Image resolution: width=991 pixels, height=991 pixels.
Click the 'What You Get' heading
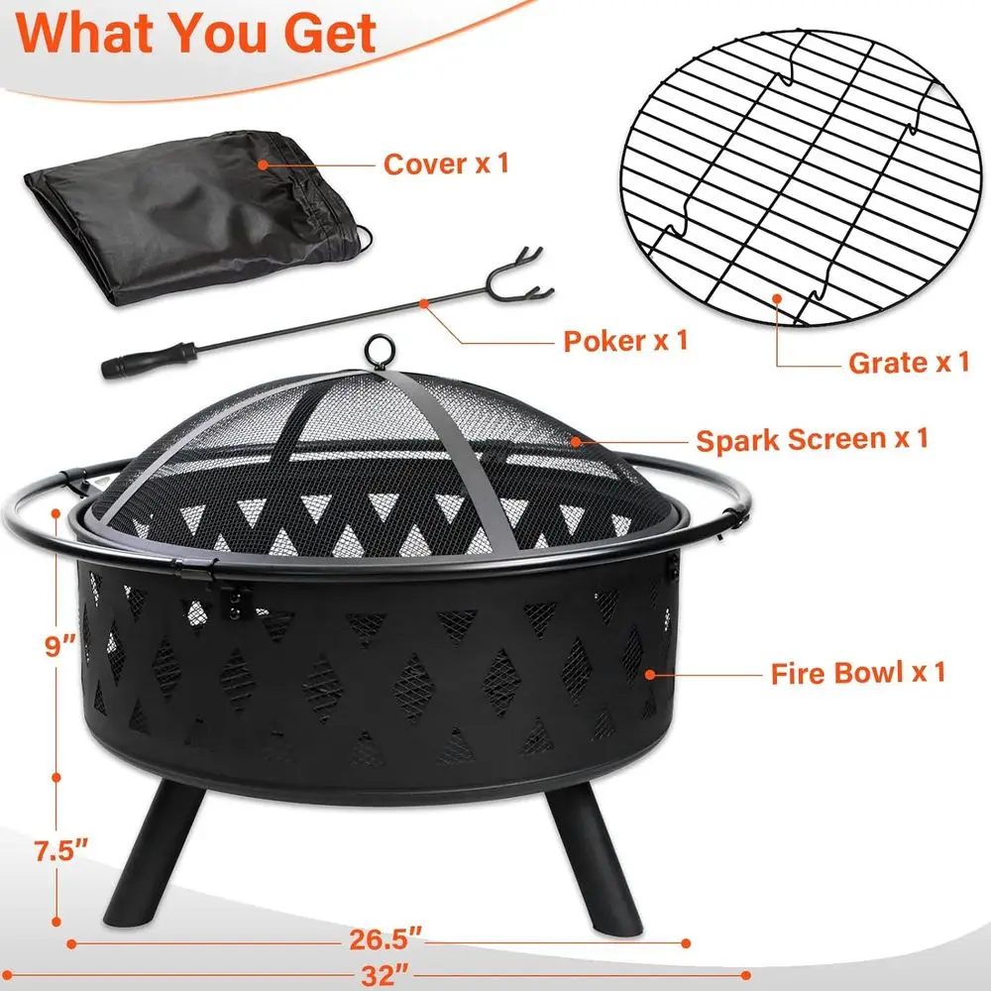[198, 32]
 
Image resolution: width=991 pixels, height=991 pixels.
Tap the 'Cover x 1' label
[446, 164]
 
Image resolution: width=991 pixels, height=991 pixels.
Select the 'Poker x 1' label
[624, 342]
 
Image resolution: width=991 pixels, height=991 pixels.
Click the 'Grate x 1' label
[908, 363]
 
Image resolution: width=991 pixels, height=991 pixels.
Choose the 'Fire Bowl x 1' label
[858, 674]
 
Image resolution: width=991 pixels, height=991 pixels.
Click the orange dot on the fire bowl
[650, 674]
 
